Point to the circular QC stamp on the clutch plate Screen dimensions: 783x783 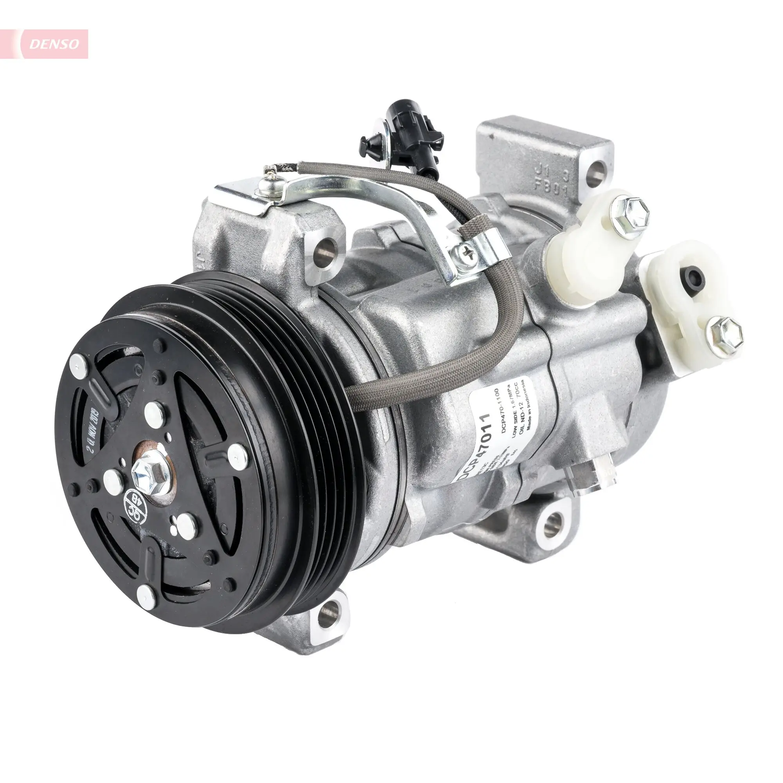tap(135, 504)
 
